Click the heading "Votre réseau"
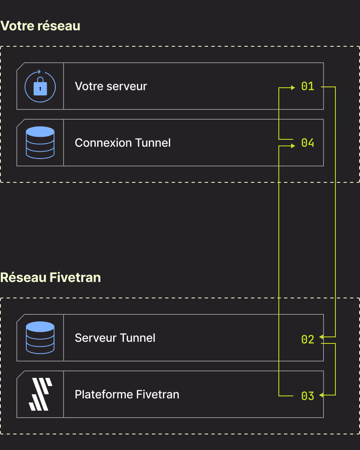coord(40,26)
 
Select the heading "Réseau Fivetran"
coord(50,277)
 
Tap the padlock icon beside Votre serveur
coord(40,86)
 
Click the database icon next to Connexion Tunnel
coord(40,143)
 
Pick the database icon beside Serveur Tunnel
coord(40,338)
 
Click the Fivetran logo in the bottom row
coord(41,394)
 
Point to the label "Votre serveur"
coord(111,86)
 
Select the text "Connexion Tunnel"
coord(123,143)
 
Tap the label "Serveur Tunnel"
coord(115,338)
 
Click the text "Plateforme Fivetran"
coord(127,394)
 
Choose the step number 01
coord(308,86)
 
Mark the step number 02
coord(308,339)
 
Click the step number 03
coord(308,396)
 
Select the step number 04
coord(308,143)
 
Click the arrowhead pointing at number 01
coord(293,88)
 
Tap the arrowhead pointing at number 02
coord(321,336)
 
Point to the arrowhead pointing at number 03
coord(321,395)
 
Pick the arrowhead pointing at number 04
coord(293,146)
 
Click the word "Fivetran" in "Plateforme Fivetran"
coord(157,394)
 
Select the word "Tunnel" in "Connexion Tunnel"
coord(153,143)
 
